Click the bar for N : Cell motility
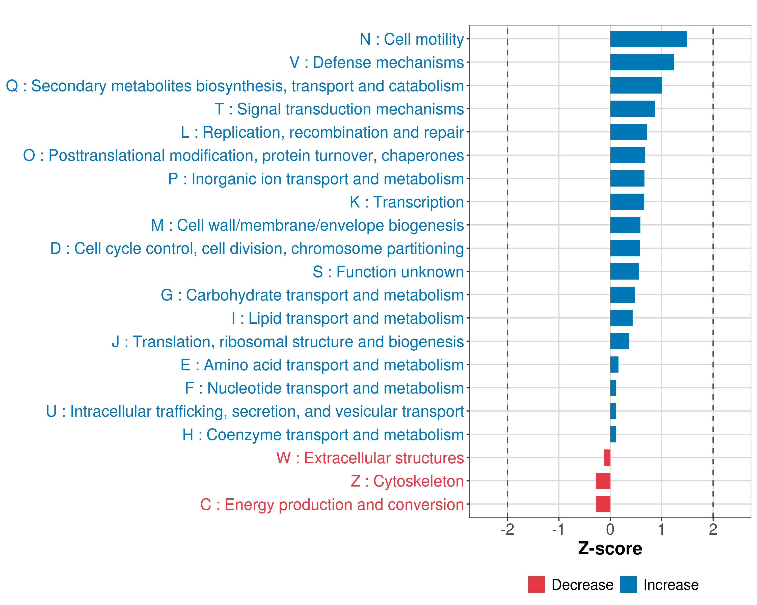click(x=648, y=39)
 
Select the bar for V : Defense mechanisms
click(x=642, y=62)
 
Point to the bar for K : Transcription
click(x=627, y=202)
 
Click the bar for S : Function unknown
click(x=624, y=271)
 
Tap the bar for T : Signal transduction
click(x=632, y=109)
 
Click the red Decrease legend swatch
click(x=536, y=584)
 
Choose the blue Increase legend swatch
click(x=628, y=584)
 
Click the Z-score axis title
click(x=610, y=549)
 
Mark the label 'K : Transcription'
click(x=407, y=202)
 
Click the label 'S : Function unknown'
click(x=388, y=272)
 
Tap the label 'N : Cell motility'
click(x=412, y=39)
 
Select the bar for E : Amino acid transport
click(x=614, y=365)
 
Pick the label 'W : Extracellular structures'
click(x=370, y=458)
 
